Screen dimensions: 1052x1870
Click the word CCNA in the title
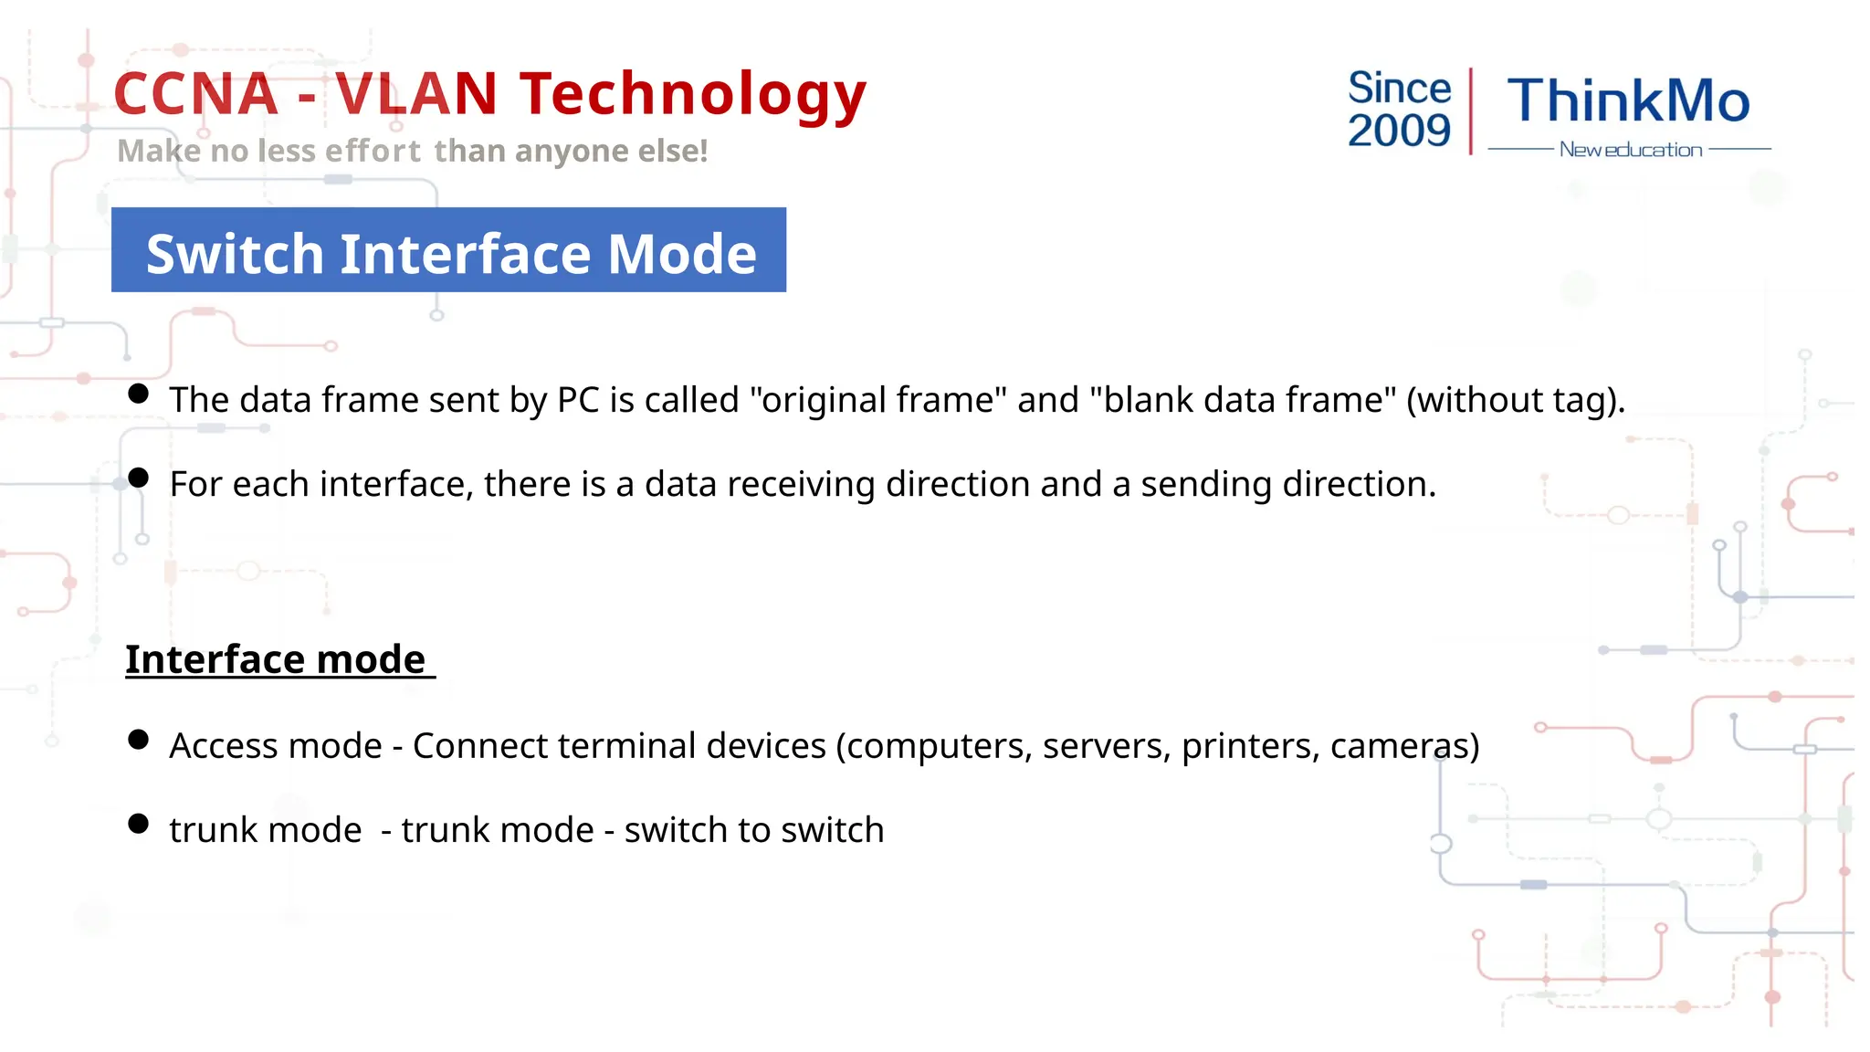pyautogui.click(x=195, y=94)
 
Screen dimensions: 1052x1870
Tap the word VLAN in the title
pyautogui.click(x=416, y=94)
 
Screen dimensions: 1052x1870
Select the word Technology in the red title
pyautogui.click(x=693, y=96)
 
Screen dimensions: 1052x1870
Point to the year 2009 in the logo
pyautogui.click(x=1399, y=131)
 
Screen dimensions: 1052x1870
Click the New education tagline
pyautogui.click(x=1630, y=150)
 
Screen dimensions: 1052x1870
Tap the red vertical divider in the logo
pyautogui.click(x=1471, y=110)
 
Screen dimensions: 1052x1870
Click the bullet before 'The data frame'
pyautogui.click(x=139, y=394)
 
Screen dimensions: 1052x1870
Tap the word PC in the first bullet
pyautogui.click(x=578, y=400)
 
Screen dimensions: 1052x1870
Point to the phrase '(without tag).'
pyautogui.click(x=1516, y=400)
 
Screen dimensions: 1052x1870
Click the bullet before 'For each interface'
pyautogui.click(x=139, y=478)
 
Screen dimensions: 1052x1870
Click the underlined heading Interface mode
pyautogui.click(x=276, y=659)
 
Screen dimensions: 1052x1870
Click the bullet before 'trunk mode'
pyautogui.click(x=139, y=824)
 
